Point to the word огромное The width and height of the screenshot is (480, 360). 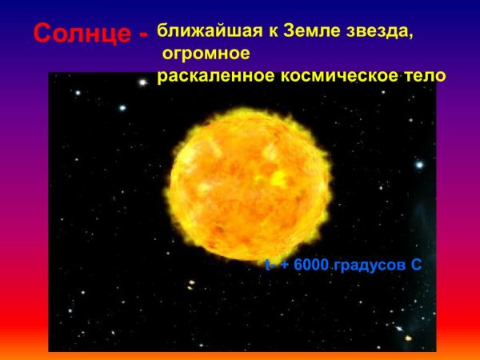[x=206, y=54]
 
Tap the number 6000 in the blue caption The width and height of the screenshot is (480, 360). [x=311, y=265]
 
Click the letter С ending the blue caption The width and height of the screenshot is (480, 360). [x=415, y=265]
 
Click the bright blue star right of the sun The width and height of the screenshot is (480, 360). [x=418, y=165]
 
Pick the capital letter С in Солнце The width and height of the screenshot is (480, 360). [x=42, y=34]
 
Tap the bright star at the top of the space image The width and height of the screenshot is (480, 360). [x=143, y=82]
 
